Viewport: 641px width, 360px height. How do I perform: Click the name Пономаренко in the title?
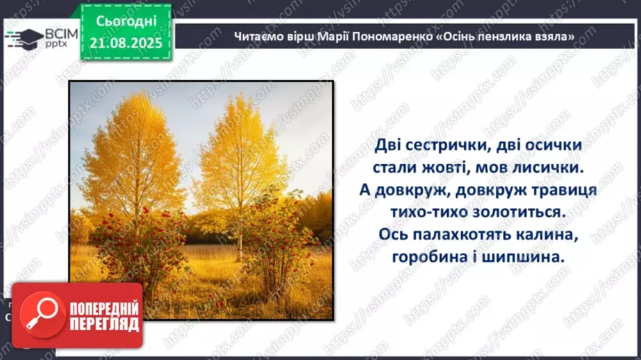[x=388, y=38]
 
